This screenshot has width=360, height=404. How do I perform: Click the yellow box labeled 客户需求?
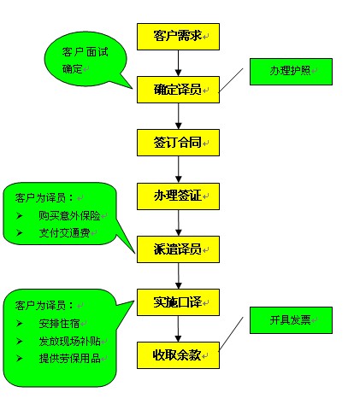point(178,36)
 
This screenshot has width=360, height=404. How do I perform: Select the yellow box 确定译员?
point(178,89)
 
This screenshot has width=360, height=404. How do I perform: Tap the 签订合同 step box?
point(178,142)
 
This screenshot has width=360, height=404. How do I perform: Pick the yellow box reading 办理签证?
point(178,196)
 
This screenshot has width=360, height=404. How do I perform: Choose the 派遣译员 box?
point(178,249)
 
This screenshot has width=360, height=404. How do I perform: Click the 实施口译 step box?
point(178,302)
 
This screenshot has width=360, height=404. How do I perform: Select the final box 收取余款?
point(178,354)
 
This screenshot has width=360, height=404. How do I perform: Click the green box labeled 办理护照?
point(290,73)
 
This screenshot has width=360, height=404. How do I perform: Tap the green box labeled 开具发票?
point(290,320)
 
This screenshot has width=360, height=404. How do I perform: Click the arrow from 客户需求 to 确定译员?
point(178,62)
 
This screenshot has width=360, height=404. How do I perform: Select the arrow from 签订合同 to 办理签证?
point(178,169)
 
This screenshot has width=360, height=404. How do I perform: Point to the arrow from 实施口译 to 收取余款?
point(178,328)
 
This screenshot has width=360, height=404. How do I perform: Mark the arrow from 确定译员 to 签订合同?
point(178,115)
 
